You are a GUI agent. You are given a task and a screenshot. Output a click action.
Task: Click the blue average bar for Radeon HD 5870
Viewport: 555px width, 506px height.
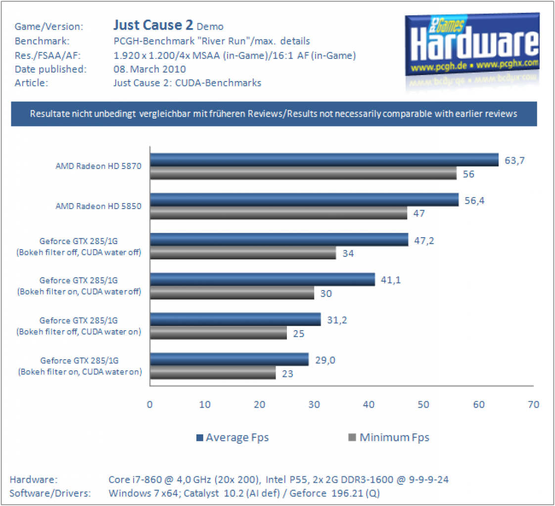(324, 160)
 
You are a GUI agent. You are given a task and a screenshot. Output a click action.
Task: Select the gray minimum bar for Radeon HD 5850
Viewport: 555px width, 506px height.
(278, 213)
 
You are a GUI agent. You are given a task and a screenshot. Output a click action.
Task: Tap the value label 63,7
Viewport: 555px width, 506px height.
(514, 161)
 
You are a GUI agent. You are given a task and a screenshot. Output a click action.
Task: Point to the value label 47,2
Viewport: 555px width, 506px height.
(424, 241)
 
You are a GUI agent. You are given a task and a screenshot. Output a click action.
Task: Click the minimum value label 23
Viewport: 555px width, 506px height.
(287, 374)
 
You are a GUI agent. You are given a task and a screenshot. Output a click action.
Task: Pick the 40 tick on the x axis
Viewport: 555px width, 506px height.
(369, 405)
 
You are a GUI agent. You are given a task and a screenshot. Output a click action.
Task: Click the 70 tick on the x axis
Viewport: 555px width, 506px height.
(533, 405)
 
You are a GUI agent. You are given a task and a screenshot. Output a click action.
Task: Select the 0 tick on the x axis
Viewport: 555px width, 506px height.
(150, 405)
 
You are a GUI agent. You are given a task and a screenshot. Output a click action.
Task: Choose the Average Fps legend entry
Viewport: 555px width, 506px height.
(232, 437)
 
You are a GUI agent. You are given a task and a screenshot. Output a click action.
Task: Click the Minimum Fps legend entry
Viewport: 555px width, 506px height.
(389, 437)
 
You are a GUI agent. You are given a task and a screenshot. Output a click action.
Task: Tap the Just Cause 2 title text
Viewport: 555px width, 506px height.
(153, 25)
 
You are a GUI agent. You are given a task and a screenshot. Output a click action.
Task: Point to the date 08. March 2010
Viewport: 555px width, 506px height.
(149, 69)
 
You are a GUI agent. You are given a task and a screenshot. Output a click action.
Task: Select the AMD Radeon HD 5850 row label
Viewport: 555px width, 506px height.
(98, 206)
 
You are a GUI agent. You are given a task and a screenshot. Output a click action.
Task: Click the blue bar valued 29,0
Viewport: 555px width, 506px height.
(230, 359)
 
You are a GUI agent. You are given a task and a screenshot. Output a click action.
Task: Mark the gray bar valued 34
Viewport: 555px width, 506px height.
(243, 253)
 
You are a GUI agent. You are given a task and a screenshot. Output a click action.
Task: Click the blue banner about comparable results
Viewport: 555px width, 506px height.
(274, 114)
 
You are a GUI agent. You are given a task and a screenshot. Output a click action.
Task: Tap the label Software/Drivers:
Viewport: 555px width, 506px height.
(50, 493)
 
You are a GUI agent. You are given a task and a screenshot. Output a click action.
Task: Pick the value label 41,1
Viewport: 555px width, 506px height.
(391, 280)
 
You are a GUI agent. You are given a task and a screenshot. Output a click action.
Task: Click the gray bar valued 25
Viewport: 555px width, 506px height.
(219, 333)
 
